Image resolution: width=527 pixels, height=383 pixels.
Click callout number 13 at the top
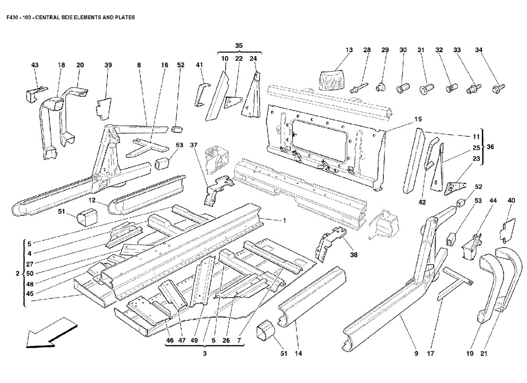[x=349, y=50]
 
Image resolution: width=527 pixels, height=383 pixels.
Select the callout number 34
[x=479, y=50]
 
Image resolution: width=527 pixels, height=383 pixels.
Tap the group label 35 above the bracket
[x=239, y=45]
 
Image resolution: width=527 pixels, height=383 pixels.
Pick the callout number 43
[x=34, y=65]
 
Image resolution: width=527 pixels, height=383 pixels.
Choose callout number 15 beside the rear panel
[x=418, y=119]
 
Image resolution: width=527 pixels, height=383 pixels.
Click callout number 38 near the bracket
[x=354, y=255]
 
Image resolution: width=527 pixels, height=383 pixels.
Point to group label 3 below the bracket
[x=205, y=368]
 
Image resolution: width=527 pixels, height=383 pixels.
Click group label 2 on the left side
[x=17, y=274]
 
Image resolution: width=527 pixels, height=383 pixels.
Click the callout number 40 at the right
[x=512, y=201]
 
